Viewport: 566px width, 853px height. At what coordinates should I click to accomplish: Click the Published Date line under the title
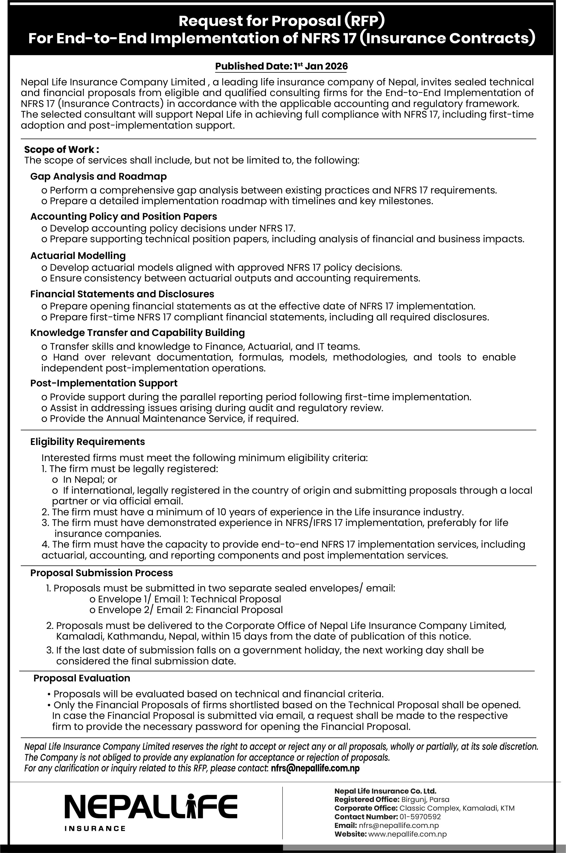pyautogui.click(x=281, y=66)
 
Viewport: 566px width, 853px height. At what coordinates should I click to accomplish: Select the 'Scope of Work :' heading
pyautogui.click(x=61, y=149)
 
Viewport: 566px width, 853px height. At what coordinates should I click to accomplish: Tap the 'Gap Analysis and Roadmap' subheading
pyautogui.click(x=99, y=176)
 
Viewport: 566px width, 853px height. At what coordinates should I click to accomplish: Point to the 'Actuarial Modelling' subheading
pyautogui.click(x=78, y=256)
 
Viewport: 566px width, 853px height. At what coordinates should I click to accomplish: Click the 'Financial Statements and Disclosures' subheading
pyautogui.click(x=122, y=294)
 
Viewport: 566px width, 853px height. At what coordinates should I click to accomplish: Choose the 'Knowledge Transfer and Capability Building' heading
pyautogui.click(x=138, y=333)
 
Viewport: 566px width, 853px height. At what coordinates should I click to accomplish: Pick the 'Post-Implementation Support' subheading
pyautogui.click(x=104, y=383)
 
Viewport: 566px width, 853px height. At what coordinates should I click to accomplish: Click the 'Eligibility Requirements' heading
pyautogui.click(x=88, y=442)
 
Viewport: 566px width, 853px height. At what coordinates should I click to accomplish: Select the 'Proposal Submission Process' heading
pyautogui.click(x=102, y=573)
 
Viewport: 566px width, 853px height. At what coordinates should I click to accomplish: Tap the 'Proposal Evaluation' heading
pyautogui.click(x=82, y=678)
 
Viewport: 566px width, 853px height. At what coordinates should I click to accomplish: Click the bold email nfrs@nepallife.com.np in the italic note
pyautogui.click(x=315, y=768)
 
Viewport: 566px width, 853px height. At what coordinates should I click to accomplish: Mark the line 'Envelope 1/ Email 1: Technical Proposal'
pyautogui.click(x=185, y=599)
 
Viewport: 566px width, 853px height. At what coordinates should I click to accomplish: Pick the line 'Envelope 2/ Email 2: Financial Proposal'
pyautogui.click(x=186, y=610)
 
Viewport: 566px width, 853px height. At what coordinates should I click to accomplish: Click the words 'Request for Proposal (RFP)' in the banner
pyautogui.click(x=282, y=22)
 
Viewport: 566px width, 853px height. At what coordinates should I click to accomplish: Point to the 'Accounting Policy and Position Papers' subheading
pyautogui.click(x=124, y=217)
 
